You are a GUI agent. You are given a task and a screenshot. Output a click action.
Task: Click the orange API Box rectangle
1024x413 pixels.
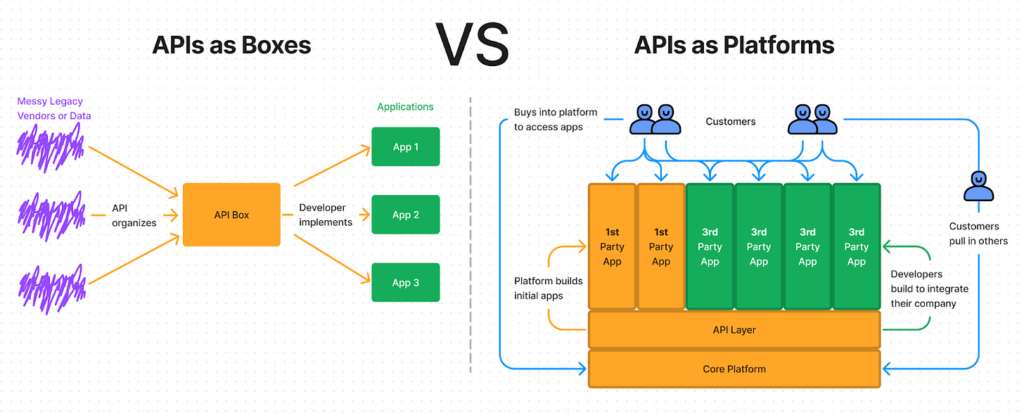(x=231, y=215)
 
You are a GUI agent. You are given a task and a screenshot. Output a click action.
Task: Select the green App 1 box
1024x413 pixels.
(x=406, y=146)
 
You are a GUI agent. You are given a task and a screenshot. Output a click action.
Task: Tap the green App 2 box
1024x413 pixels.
(x=406, y=215)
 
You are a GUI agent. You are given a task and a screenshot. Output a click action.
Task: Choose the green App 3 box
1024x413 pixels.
(x=406, y=282)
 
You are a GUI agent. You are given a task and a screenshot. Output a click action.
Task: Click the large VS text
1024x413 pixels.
(x=472, y=45)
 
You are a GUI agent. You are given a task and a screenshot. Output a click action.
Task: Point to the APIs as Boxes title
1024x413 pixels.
(x=231, y=45)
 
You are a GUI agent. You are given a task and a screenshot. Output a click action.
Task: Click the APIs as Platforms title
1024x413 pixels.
(x=734, y=45)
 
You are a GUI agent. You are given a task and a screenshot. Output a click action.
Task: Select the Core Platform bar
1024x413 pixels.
(x=734, y=369)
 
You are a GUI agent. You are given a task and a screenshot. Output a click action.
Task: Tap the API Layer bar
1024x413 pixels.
(x=734, y=330)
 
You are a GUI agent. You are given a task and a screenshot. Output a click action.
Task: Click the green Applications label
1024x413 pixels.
(x=405, y=106)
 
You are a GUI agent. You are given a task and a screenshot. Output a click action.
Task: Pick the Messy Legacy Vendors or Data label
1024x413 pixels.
(x=54, y=108)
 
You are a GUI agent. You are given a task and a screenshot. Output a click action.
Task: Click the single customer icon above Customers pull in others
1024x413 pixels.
(x=978, y=186)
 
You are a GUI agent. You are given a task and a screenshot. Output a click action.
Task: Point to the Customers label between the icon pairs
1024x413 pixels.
(x=731, y=121)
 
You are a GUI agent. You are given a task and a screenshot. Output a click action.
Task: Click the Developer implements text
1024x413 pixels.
(x=326, y=215)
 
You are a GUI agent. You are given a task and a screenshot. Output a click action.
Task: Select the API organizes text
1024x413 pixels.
(x=134, y=215)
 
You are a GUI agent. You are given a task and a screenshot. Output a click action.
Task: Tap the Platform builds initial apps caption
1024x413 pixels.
(x=548, y=288)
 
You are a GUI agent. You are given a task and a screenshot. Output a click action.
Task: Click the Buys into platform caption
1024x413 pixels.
(x=556, y=120)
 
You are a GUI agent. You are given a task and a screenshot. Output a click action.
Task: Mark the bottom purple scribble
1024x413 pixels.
(x=52, y=288)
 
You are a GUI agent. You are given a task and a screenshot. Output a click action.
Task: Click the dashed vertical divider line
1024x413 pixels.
(x=471, y=234)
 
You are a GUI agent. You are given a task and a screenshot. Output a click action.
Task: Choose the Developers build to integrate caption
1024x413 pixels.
(x=929, y=288)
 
